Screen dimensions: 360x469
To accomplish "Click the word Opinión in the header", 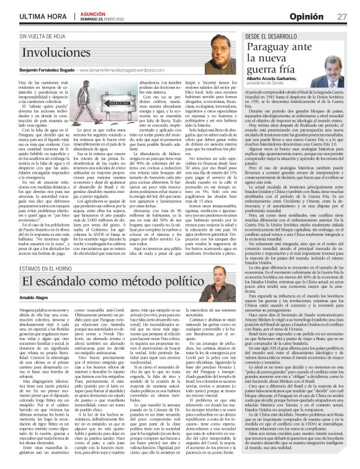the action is [310, 16].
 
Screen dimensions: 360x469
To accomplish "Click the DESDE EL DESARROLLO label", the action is [277, 37].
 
